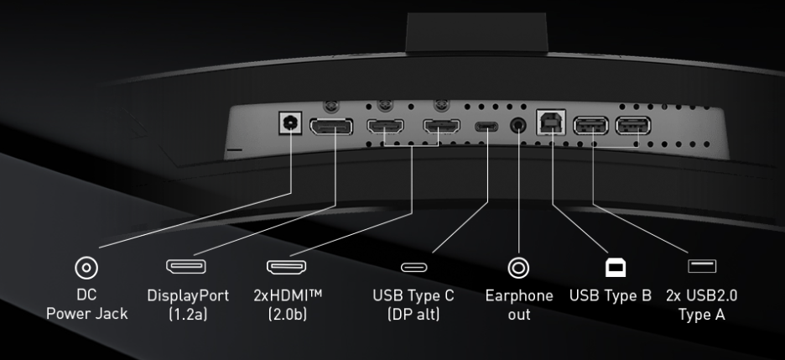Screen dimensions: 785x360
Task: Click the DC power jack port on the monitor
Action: coord(290,123)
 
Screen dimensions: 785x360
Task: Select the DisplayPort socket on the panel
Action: coord(331,127)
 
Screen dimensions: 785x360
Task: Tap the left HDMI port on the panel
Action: coord(386,126)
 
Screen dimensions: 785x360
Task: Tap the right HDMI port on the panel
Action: coord(441,126)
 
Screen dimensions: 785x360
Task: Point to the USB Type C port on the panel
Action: coord(486,126)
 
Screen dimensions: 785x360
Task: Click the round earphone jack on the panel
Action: coord(518,125)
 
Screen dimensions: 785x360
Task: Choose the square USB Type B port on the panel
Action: coord(551,123)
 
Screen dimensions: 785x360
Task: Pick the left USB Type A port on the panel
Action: coord(590,126)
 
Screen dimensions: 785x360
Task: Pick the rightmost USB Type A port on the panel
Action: coord(633,126)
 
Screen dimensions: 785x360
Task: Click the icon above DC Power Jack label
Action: coord(86,268)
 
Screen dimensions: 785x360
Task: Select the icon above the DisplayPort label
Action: coord(186,266)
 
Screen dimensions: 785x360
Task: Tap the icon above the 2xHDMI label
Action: coord(286,267)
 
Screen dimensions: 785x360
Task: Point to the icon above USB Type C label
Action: coord(414,267)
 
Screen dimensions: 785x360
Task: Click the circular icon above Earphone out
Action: coord(518,268)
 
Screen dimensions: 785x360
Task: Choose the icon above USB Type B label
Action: coord(616,268)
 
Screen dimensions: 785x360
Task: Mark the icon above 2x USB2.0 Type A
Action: coord(702,266)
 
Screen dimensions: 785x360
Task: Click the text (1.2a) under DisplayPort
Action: coord(188,315)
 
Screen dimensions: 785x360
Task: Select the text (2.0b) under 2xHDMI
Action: coord(288,315)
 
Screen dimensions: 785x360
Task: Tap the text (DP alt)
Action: coord(413,315)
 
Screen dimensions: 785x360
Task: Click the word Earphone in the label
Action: coord(519,296)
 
